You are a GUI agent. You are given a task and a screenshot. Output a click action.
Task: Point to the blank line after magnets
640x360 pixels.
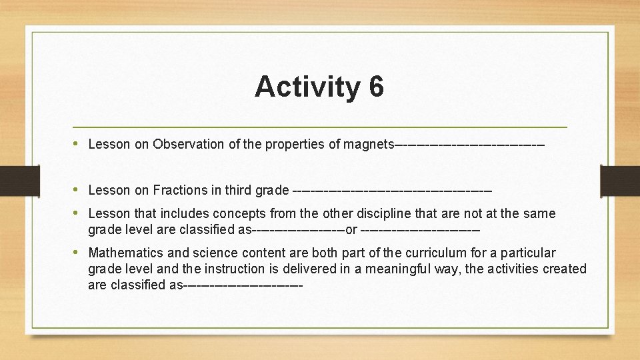pyautogui.click(x=470, y=144)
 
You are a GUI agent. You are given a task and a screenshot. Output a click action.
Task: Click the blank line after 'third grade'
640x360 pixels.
pyautogui.click(x=392, y=191)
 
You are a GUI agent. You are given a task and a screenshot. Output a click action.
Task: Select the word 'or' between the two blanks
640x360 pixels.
pyautogui.click(x=351, y=230)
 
